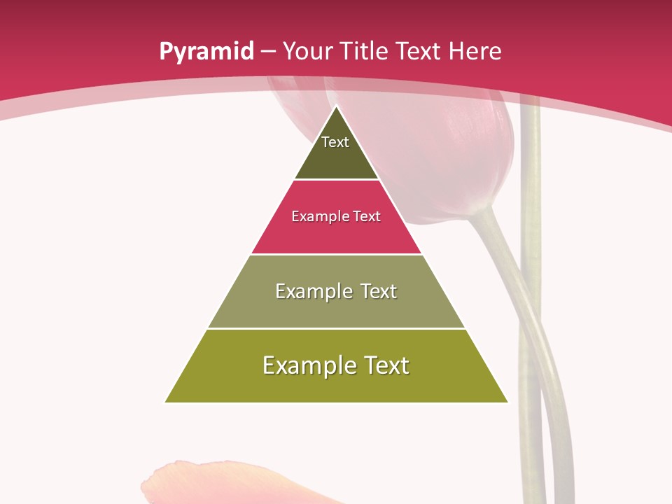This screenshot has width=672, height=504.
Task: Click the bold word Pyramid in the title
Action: pos(206,52)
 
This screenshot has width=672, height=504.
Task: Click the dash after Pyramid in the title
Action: pos(267,52)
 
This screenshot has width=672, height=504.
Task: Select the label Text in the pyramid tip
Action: pos(335,142)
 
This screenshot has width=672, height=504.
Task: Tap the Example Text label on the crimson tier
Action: pos(336,216)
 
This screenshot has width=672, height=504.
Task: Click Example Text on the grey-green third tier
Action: pos(336,291)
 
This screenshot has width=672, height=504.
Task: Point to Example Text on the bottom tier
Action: pos(336,365)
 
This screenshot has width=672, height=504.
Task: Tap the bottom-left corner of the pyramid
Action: pos(166,402)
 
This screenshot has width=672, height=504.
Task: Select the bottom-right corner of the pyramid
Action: pos(507,402)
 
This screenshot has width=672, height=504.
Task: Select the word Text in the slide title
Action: pos(417,52)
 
